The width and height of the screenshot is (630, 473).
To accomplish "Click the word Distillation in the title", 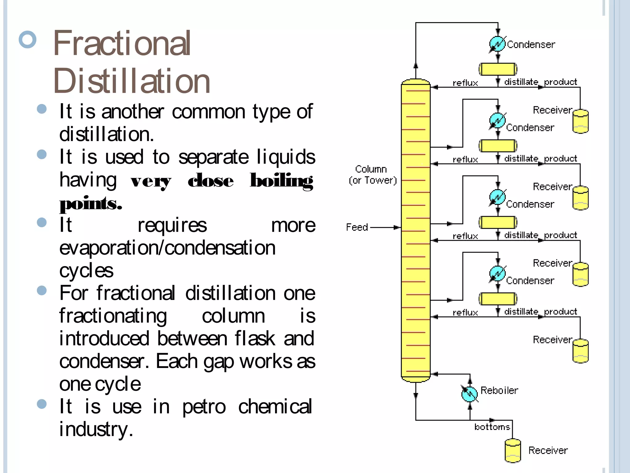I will tap(132, 81).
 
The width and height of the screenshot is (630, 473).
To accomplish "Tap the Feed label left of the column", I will tap(357, 227).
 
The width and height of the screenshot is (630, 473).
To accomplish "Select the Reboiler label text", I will tap(499, 390).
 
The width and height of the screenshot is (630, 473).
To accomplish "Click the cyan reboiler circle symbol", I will tap(469, 394).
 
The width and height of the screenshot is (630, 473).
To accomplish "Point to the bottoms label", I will tap(492, 427).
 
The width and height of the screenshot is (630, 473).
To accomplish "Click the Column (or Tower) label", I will tap(372, 175).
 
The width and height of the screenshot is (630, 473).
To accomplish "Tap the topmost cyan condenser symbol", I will tap(497, 44).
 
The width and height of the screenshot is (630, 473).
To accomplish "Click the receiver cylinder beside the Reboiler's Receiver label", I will tap(513, 451).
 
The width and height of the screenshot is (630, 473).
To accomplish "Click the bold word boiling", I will tap(281, 181).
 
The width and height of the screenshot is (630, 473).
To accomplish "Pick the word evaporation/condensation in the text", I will tap(167, 248).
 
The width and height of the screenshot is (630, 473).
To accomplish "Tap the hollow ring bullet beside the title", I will tap(28, 39).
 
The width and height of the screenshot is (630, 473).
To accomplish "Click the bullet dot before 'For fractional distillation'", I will tap(42, 290).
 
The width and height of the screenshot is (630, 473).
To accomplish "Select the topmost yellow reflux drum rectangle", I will tap(498, 69).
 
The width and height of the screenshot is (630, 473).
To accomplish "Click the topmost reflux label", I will tap(465, 83).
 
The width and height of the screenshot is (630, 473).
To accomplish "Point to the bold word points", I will tap(90, 204).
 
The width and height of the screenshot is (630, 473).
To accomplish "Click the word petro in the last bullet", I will tap(204, 407).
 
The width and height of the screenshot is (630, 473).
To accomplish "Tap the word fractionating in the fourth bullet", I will tap(113, 316).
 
